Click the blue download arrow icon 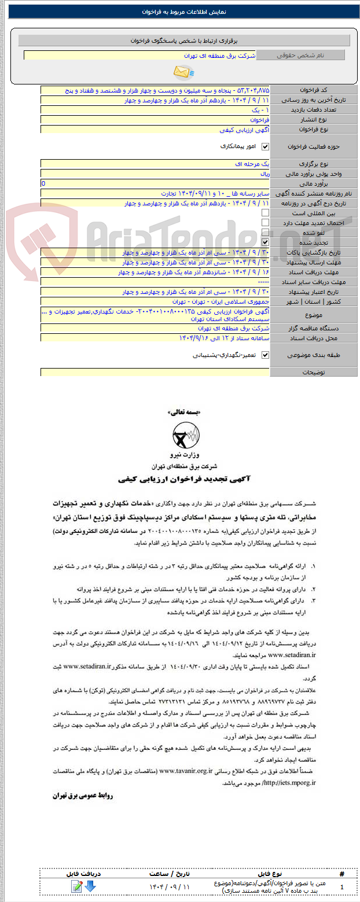coord(90,886)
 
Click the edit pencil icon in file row coord(76,886)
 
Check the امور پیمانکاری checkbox coord(266,147)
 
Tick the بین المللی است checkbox coord(266,213)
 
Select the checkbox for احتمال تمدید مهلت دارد coord(266,223)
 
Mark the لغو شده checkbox coord(266,233)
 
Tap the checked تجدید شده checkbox coord(266,242)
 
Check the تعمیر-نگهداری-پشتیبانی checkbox coord(266,355)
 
